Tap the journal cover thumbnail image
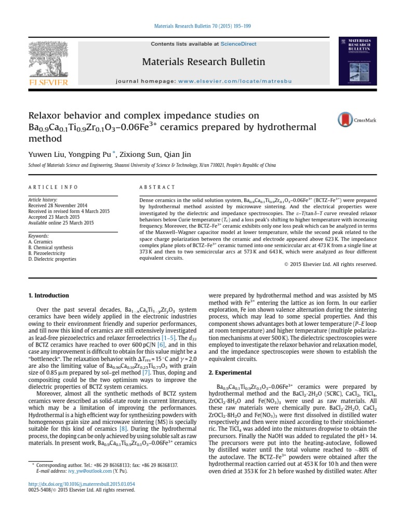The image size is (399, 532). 358,61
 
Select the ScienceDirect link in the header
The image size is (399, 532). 238,44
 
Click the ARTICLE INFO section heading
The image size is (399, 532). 53,187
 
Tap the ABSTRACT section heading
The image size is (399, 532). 158,187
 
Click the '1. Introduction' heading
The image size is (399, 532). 48,296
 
